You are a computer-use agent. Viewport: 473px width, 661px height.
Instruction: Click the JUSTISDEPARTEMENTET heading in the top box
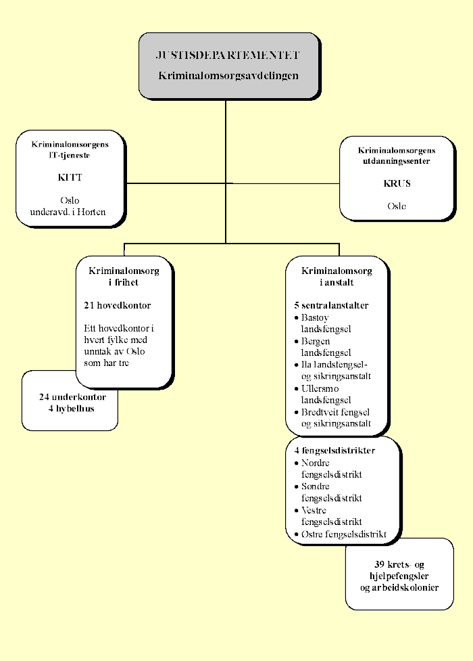coord(228,55)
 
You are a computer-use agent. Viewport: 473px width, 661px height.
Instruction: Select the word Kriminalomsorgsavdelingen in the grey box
coord(228,76)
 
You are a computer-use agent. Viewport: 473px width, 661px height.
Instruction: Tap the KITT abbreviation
coord(70,177)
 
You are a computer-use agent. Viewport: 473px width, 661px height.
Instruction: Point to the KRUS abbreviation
coord(397,183)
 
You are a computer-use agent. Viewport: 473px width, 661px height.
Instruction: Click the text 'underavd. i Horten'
coord(68,212)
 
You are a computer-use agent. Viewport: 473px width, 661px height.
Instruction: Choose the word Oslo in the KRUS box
coord(397,206)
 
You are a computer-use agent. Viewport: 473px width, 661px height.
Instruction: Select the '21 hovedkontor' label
coord(118,305)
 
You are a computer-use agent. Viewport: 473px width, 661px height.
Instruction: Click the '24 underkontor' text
coord(72,397)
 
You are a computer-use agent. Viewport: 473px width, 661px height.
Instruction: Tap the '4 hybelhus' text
coord(70,409)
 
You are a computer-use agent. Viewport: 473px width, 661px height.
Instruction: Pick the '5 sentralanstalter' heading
coord(331,305)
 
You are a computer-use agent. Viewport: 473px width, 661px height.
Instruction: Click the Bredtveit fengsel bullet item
coord(335,418)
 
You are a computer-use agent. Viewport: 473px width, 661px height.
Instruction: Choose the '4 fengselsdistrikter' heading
coord(334,451)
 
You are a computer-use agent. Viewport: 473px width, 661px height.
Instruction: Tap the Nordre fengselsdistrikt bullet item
coord(331,468)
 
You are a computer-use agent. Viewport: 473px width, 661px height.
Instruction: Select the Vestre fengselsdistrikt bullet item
coord(331,516)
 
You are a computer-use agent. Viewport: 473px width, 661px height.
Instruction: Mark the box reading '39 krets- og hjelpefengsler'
coord(399,575)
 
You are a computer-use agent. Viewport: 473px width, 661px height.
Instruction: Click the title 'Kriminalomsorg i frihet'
coord(124,276)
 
